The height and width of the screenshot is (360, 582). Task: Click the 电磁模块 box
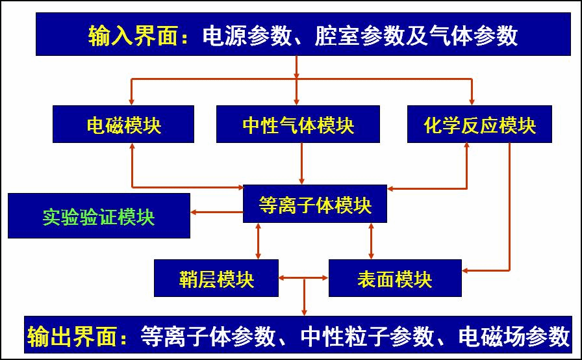(123, 124)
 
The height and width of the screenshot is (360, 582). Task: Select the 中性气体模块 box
(298, 124)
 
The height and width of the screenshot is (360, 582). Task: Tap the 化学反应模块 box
(479, 124)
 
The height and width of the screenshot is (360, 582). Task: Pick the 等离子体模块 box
(315, 205)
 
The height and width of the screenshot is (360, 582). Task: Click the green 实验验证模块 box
(99, 216)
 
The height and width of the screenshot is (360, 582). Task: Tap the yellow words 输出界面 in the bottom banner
(77, 336)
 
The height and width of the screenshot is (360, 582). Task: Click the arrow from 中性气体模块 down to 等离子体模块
(302, 164)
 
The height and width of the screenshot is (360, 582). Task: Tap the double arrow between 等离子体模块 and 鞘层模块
(259, 241)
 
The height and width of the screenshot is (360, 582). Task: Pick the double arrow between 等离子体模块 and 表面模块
(371, 241)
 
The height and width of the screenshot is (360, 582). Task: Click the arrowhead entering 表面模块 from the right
(467, 270)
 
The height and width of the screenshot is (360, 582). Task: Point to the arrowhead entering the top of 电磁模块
(132, 101)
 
